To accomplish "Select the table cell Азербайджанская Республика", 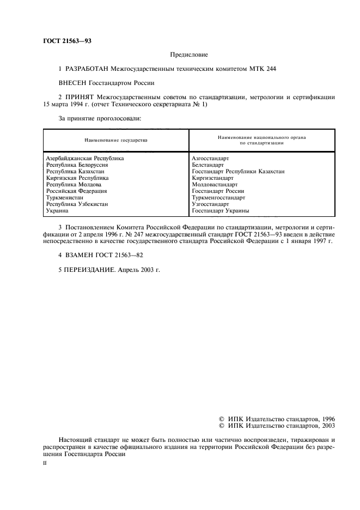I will pos(84,158).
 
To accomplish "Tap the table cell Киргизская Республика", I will pos(77,178).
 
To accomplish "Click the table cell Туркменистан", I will pos(64,197).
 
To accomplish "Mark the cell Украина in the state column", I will pos(57,210).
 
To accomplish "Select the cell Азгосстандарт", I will pos(210,158).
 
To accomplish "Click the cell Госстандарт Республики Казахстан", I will pos(238,171).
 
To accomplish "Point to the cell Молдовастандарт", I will pos(215,184).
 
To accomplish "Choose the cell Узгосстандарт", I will pos(210,204).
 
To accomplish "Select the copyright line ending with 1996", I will pos(276,418).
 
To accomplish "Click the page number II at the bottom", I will pos(45,463).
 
